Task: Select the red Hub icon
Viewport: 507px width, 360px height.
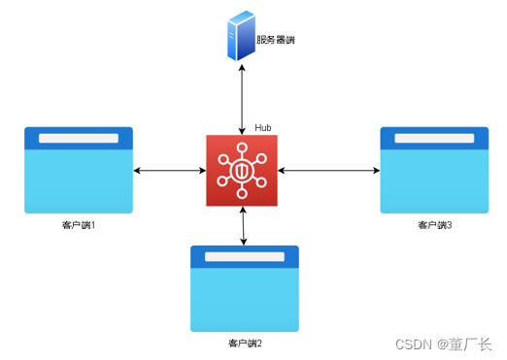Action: point(242,171)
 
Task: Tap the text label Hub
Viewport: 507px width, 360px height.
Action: point(263,128)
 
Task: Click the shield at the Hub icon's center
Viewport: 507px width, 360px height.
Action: point(242,172)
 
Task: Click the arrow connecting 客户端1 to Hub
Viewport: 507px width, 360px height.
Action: point(169,171)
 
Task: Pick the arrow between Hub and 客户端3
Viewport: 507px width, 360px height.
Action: point(328,171)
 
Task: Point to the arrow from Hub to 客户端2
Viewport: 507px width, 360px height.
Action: point(242,225)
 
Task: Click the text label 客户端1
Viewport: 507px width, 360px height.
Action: point(79,225)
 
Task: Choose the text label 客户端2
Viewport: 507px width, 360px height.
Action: point(245,344)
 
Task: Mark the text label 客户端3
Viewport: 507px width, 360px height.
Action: point(434,225)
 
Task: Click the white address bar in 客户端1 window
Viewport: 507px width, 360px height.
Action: point(79,138)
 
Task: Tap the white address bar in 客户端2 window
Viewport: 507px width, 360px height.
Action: point(245,257)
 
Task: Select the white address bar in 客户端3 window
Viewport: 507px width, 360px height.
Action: point(434,138)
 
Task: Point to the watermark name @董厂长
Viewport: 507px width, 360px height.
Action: point(465,344)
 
